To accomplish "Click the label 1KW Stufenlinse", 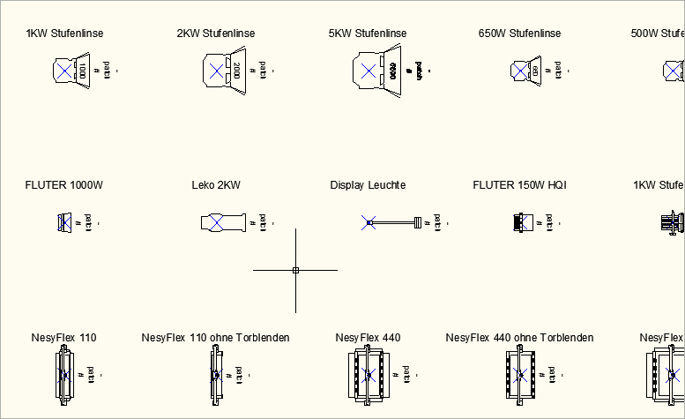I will [64, 34].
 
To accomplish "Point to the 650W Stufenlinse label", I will [519, 34].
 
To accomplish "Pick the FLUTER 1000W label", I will [64, 185].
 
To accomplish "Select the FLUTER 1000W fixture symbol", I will [64, 222].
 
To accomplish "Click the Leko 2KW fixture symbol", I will [221, 222].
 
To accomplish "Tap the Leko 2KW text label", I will [216, 185].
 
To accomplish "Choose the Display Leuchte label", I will [368, 185].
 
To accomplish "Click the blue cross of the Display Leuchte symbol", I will [369, 222].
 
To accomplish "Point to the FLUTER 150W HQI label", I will [519, 185].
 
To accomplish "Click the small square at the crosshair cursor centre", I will [295, 270].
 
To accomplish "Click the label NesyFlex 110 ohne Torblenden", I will [215, 338].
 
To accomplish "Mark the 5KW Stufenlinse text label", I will [368, 34].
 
